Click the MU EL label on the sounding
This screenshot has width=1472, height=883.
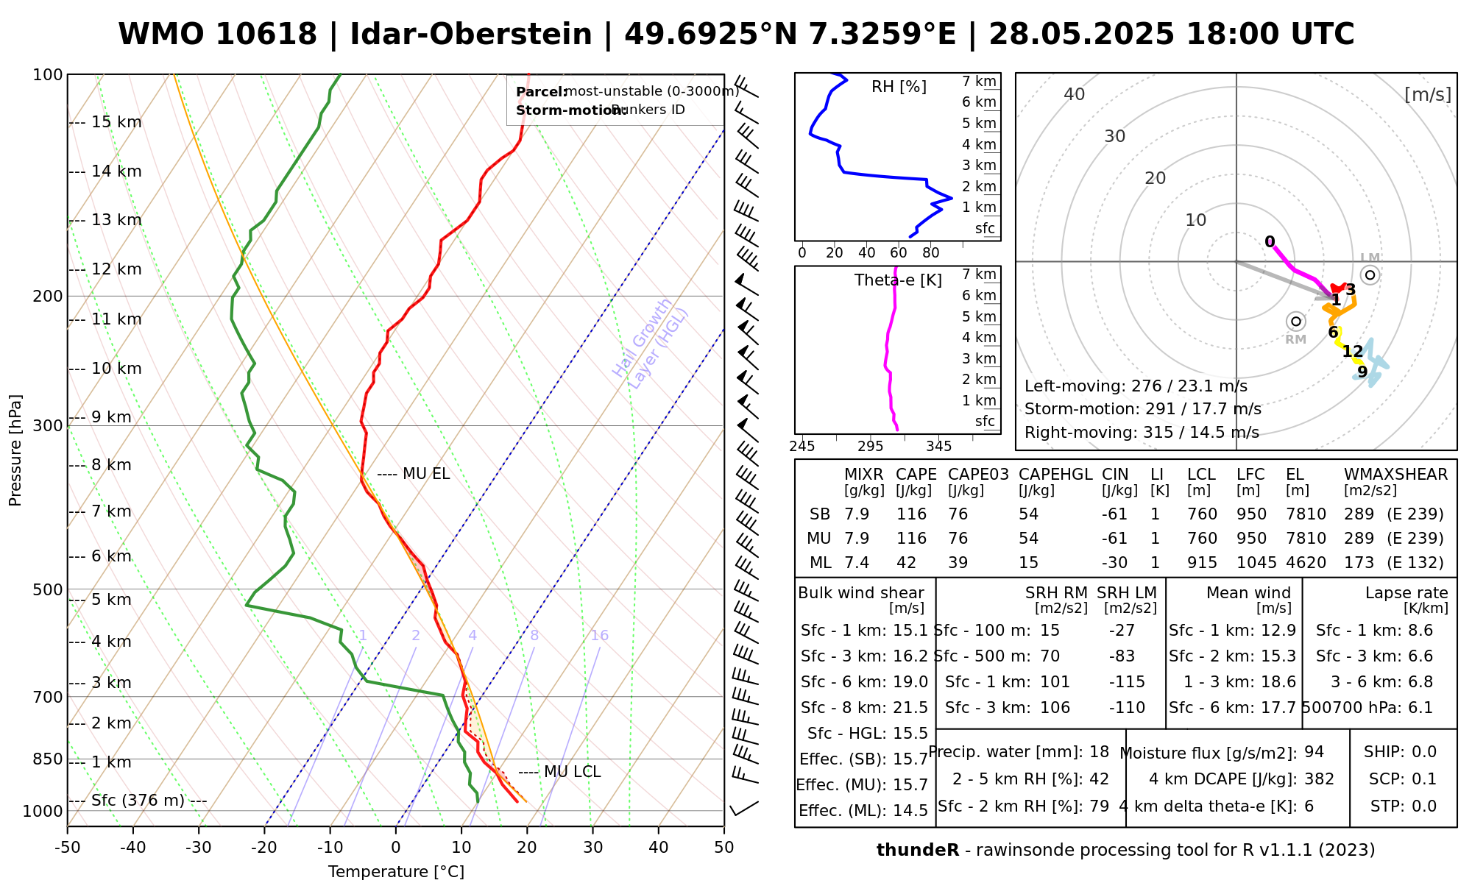(x=425, y=475)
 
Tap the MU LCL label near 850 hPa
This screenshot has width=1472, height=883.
(x=572, y=772)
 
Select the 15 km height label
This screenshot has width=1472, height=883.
(x=116, y=122)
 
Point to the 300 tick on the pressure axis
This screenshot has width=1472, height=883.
(x=48, y=426)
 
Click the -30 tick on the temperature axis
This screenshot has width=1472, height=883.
(x=199, y=848)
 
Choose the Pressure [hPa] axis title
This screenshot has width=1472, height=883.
(x=15, y=450)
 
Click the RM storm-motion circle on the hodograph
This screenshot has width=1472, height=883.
(x=1296, y=322)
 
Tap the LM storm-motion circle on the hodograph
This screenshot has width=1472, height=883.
(x=1370, y=275)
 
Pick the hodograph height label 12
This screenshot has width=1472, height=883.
(x=1353, y=352)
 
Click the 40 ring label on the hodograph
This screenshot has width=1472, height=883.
(x=1075, y=94)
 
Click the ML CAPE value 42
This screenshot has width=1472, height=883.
(x=906, y=563)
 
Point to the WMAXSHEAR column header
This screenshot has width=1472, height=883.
(x=1395, y=475)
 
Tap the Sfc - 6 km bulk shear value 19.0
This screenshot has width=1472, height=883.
(x=910, y=682)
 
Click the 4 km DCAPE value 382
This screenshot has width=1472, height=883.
(x=1319, y=779)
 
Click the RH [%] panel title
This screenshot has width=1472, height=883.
(x=899, y=87)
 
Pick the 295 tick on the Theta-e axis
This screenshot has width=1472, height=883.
(x=870, y=447)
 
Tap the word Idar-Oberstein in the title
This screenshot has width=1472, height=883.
(x=471, y=35)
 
